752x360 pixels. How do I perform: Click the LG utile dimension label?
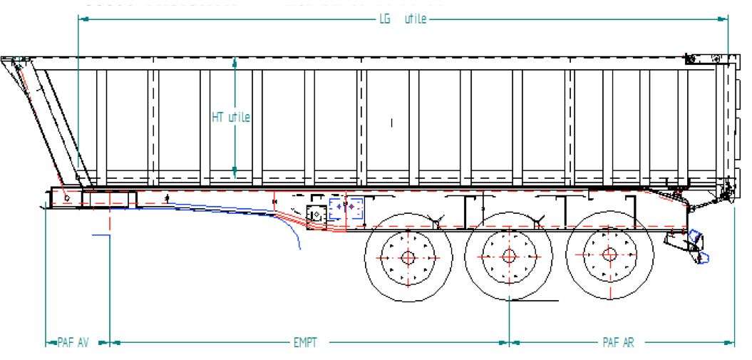point(403,19)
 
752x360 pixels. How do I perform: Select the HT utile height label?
point(230,118)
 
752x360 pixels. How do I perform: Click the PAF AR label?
point(617,343)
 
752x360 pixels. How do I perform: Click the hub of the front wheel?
point(408,257)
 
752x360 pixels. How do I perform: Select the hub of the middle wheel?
point(508,256)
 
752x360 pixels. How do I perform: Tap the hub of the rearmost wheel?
point(609,255)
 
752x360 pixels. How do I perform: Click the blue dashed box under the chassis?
point(346,210)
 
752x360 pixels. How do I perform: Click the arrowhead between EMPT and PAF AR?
point(510,343)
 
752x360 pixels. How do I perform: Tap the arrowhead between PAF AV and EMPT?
point(110,343)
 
